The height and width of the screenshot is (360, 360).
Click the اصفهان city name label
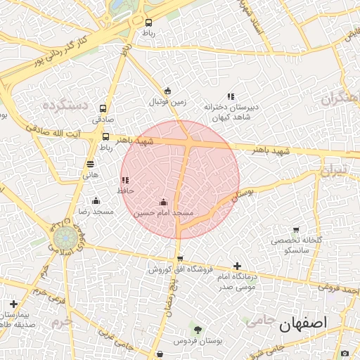pos(304,325)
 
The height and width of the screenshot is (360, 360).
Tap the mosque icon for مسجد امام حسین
pos(164,202)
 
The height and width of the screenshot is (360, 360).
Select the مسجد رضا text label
pos(96,212)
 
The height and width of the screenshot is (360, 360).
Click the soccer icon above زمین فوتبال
pos(167,91)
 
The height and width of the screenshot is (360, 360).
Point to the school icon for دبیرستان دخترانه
pos(230,96)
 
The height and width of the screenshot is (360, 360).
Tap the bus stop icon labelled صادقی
pos(103,109)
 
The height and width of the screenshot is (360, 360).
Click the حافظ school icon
pos(125,181)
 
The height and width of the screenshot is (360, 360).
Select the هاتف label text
pos(91,174)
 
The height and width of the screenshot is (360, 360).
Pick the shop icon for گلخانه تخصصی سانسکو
pos(295,230)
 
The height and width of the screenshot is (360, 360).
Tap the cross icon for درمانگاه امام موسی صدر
pos(237,266)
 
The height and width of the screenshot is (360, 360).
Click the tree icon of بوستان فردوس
pos(198,330)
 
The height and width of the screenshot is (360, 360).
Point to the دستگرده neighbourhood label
pos(64,105)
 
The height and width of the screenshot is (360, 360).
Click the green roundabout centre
pos(63,237)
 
